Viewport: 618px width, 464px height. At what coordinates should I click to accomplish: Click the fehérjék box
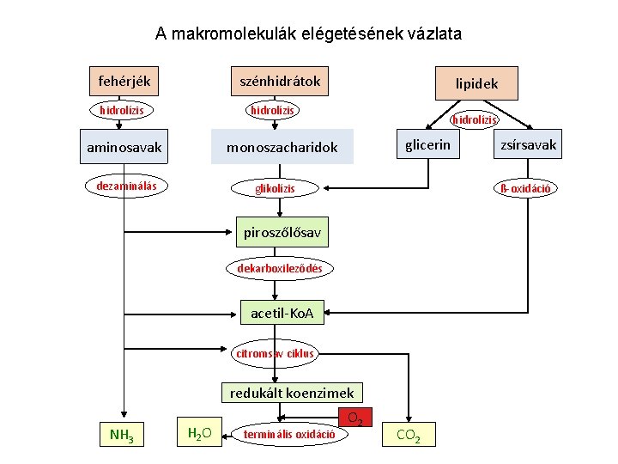tap(124, 81)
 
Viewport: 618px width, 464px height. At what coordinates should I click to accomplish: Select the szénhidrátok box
tap(280, 81)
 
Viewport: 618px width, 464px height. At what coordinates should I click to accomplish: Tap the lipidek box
tap(476, 84)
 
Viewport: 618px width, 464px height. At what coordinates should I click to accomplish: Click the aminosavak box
tap(124, 147)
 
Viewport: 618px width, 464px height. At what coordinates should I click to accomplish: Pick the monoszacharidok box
tap(282, 147)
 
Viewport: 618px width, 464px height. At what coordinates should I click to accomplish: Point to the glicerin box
tap(427, 144)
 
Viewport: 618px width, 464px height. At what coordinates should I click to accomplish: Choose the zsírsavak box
tap(529, 144)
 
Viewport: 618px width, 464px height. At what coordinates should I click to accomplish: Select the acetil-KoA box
tap(282, 314)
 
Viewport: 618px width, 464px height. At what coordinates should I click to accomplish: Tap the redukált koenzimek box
tap(292, 394)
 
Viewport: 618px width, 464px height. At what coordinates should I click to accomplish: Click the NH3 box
tap(122, 434)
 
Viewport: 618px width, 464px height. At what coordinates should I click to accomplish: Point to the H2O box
tap(199, 431)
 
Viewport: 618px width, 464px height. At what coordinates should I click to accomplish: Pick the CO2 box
tap(408, 435)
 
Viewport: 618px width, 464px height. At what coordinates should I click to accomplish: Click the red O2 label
tap(356, 418)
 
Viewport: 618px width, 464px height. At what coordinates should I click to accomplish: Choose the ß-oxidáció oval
tap(524, 187)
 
